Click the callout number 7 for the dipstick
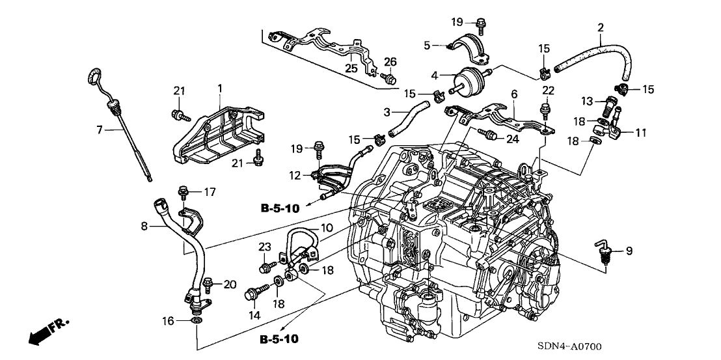tap(100, 130)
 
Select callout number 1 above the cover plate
tap(219, 87)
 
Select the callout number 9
tap(629, 251)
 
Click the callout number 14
tap(254, 315)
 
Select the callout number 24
tap(513, 138)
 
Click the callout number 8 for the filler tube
tap(145, 227)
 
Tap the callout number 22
tap(549, 89)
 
